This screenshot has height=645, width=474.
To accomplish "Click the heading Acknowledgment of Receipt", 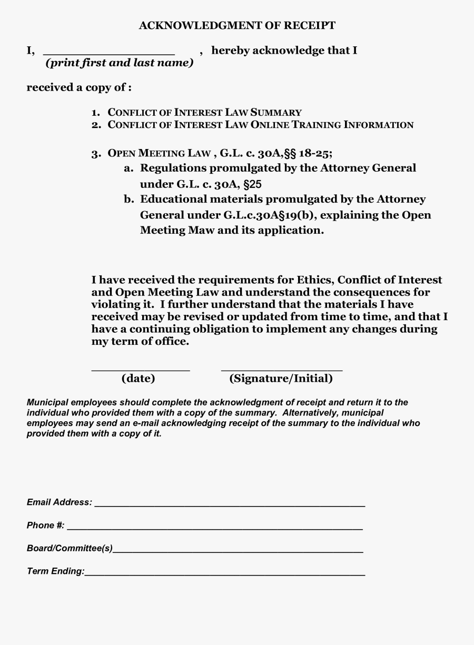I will coord(237,25).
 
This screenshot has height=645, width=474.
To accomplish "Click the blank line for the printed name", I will coord(108,54).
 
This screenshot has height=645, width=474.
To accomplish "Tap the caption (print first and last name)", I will coord(120,63).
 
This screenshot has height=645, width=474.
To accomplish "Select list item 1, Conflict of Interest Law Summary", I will coord(204,112).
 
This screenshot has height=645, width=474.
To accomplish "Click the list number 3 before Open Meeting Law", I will coord(95,154).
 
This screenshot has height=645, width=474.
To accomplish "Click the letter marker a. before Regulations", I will coord(129,168).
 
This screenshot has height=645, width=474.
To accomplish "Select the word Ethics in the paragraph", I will coord(314,280).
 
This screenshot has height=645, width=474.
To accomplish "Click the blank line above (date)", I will coord(141,370).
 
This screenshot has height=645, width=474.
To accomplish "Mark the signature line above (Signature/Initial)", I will coord(282,370).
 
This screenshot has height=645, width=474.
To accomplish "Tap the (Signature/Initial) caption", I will coord(281,379).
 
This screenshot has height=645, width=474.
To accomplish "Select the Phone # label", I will coord(45,525).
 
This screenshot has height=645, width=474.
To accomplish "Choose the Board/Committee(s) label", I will coord(70,548).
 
